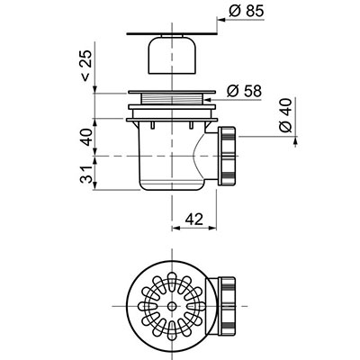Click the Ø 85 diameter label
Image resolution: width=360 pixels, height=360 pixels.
(x=246, y=12)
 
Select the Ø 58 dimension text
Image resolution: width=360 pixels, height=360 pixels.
(x=244, y=91)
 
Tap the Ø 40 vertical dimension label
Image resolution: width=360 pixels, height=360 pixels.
(x=285, y=115)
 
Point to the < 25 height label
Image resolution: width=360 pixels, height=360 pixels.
(x=85, y=66)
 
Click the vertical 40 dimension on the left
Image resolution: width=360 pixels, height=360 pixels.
(x=86, y=137)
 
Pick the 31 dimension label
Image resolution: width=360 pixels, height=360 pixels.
(x=86, y=174)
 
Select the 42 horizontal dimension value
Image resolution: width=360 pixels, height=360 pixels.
(x=194, y=220)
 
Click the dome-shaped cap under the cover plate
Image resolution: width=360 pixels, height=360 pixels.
(x=172, y=55)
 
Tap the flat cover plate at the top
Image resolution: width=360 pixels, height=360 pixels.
(x=172, y=33)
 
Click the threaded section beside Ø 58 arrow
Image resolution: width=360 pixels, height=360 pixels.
(x=172, y=99)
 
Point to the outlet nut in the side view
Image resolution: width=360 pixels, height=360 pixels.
(x=228, y=156)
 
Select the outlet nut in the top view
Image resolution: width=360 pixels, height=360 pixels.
(x=228, y=306)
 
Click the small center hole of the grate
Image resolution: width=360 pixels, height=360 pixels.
(x=172, y=306)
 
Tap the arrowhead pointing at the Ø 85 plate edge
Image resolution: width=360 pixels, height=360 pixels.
(x=221, y=20)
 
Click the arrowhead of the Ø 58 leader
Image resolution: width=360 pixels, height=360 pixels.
(x=209, y=99)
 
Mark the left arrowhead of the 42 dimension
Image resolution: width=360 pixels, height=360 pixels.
(x=176, y=229)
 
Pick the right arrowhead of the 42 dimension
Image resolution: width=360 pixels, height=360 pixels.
(x=212, y=229)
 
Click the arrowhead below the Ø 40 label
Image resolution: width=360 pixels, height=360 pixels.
(x=296, y=141)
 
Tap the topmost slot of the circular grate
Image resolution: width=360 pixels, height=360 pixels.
(x=172, y=279)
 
